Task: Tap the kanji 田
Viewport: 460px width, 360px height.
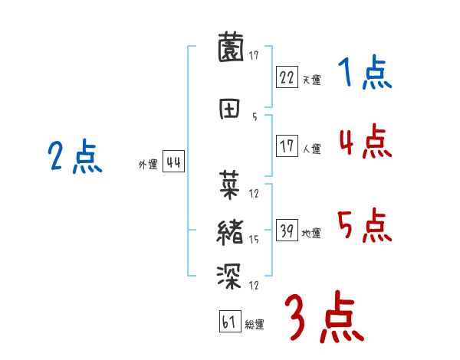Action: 230,109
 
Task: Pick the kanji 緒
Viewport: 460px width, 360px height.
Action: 230,231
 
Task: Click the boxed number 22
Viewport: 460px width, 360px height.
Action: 286,77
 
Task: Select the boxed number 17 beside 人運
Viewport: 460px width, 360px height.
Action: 287,146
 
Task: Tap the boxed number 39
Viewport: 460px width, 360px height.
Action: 286,231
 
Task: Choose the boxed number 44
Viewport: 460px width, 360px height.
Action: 173,162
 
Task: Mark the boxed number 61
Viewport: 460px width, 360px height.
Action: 228,322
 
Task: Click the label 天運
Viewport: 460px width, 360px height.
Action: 311,80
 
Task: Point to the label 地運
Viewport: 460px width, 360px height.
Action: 311,233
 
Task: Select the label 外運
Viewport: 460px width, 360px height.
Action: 147,164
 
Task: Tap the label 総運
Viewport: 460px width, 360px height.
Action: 254,325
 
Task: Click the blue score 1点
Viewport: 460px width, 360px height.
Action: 364,74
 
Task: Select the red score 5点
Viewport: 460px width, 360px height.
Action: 364,226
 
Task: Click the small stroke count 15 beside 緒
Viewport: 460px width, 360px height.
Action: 254,240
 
